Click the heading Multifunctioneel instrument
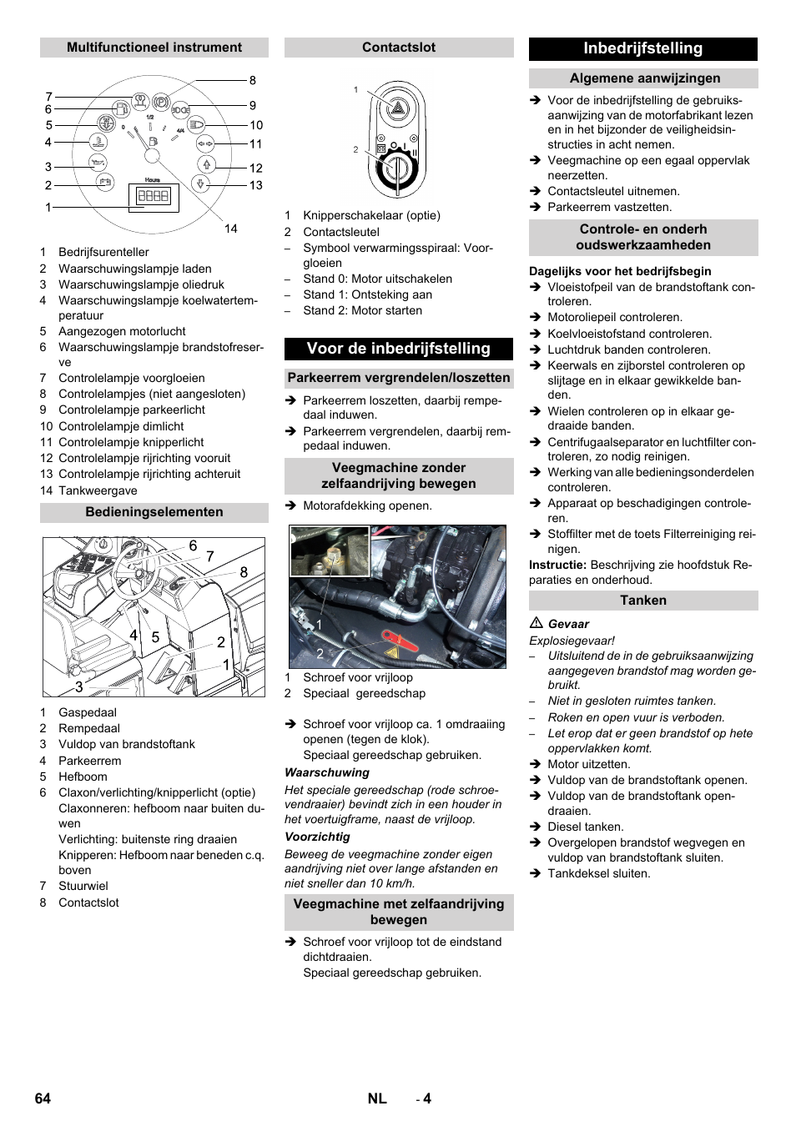coord(154,48)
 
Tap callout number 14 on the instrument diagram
coord(230,229)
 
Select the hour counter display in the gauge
coord(154,196)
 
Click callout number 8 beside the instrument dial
coord(252,81)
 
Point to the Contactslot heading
coord(398,48)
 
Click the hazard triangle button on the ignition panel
coord(399,108)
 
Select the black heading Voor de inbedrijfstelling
coord(398,349)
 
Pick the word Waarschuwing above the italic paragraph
coord(327,772)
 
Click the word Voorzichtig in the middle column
coord(317,837)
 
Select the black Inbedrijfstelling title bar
coord(642,48)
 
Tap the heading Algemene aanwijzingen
coord(644,78)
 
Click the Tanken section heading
coord(643,601)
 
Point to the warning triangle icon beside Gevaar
coord(537,623)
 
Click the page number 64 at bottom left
coord(43,1098)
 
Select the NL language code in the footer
coord(377,1098)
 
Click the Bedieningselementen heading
coord(154,512)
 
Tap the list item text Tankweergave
coord(98,490)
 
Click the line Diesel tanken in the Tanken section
coord(585,827)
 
